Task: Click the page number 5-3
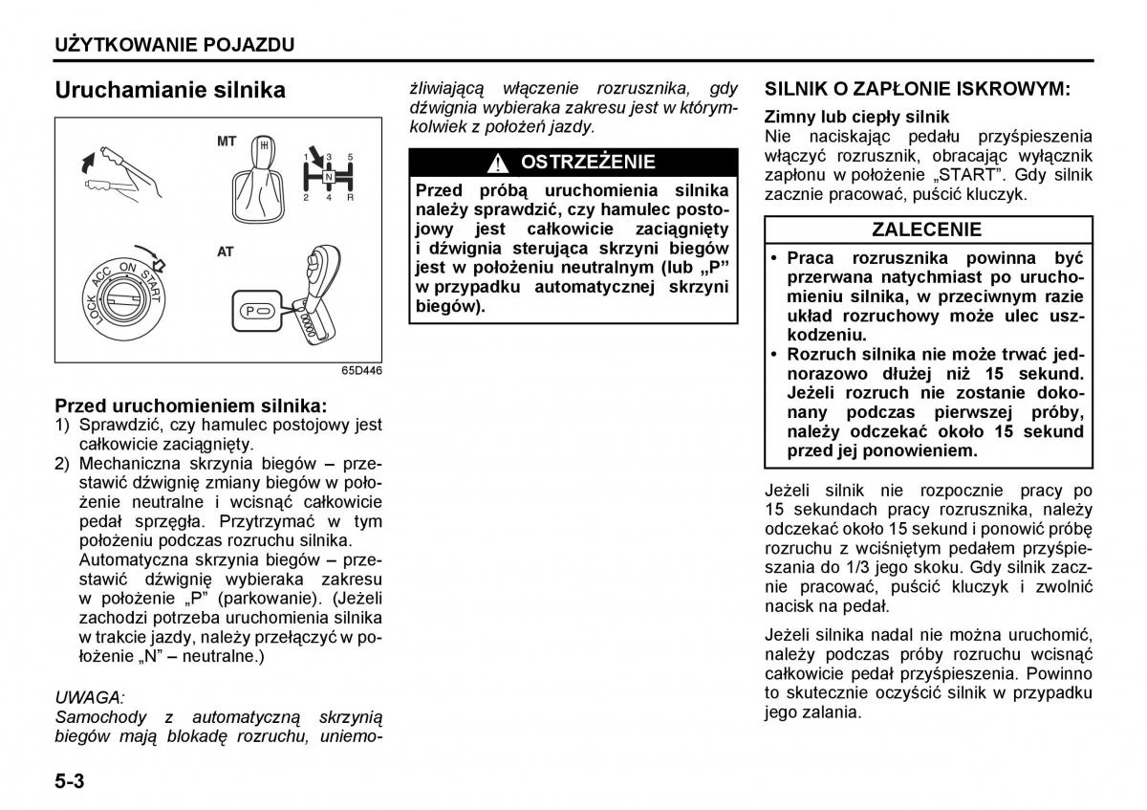click(70, 781)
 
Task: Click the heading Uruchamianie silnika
click(170, 90)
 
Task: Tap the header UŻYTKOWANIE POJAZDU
click(174, 44)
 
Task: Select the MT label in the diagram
click(227, 142)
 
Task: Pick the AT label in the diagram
click(226, 252)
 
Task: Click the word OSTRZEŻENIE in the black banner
click(588, 162)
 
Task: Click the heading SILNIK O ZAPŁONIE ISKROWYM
click(917, 89)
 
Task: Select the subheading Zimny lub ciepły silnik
click(856, 117)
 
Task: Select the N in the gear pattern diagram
click(328, 177)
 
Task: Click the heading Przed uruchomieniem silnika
click(190, 405)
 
